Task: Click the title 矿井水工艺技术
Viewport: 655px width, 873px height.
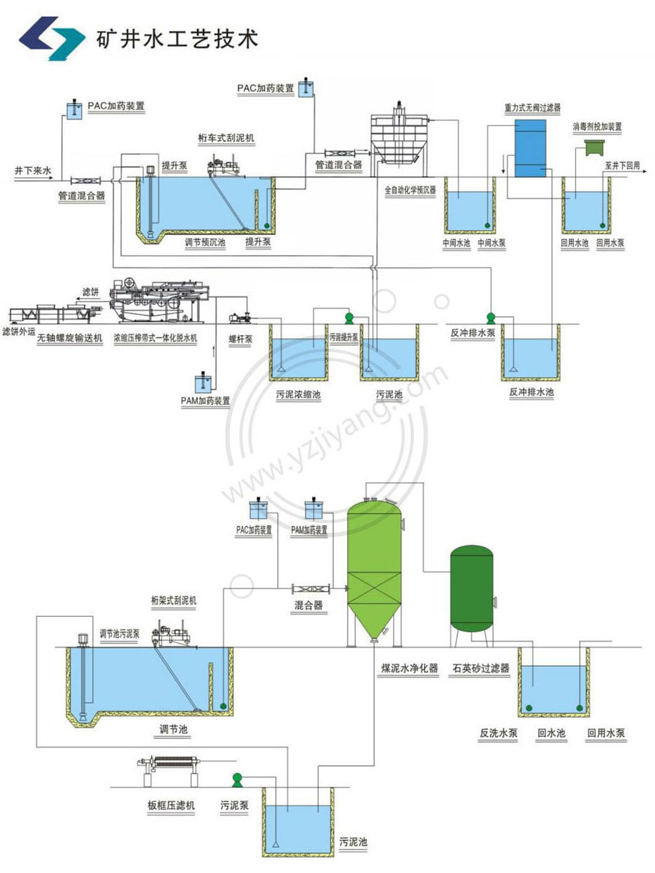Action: point(177,37)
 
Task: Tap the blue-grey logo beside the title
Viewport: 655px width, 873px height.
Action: point(53,37)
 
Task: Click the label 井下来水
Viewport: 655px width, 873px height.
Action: point(32,170)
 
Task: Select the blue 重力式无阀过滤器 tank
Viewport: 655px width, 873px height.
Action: point(529,148)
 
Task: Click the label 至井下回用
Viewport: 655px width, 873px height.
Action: point(622,165)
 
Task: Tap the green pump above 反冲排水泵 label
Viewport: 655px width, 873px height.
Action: point(491,319)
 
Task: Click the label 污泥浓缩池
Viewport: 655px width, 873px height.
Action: point(298,394)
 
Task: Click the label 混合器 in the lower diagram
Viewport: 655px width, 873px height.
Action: point(308,604)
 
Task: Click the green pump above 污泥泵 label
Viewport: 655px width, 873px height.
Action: point(237,779)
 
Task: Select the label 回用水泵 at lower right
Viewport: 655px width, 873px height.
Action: point(606,733)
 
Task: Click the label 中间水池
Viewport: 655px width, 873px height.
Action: point(456,242)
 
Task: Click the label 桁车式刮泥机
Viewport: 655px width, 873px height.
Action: point(227,138)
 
